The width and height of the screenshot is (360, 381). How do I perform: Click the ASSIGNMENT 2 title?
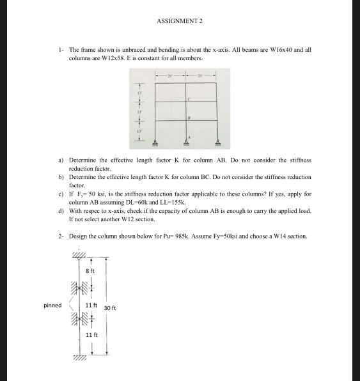pyautogui.click(x=179, y=21)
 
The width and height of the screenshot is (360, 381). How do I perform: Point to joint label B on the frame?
pyautogui.click(x=189, y=119)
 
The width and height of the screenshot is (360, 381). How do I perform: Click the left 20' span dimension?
pyautogui.click(x=170, y=74)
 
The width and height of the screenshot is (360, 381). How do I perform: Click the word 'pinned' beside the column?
pyautogui.click(x=52, y=305)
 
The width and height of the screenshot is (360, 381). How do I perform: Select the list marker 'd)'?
pyautogui.click(x=60, y=210)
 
